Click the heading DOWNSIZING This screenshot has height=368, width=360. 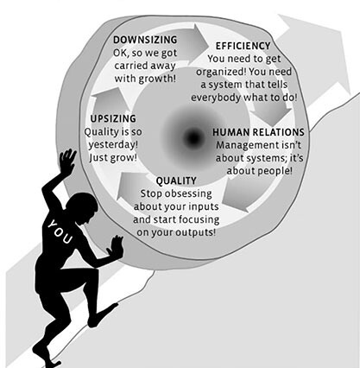click(x=145, y=40)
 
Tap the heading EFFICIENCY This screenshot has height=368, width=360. click(x=243, y=46)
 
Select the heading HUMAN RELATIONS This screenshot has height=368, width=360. click(x=258, y=132)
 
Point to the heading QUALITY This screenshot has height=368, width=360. click(x=176, y=181)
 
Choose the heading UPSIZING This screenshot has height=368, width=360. click(x=113, y=118)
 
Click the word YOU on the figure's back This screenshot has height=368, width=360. click(x=60, y=232)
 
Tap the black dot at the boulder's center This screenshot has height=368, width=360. click(x=193, y=137)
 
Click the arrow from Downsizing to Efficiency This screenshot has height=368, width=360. click(x=192, y=43)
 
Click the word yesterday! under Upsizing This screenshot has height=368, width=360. click(x=113, y=144)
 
